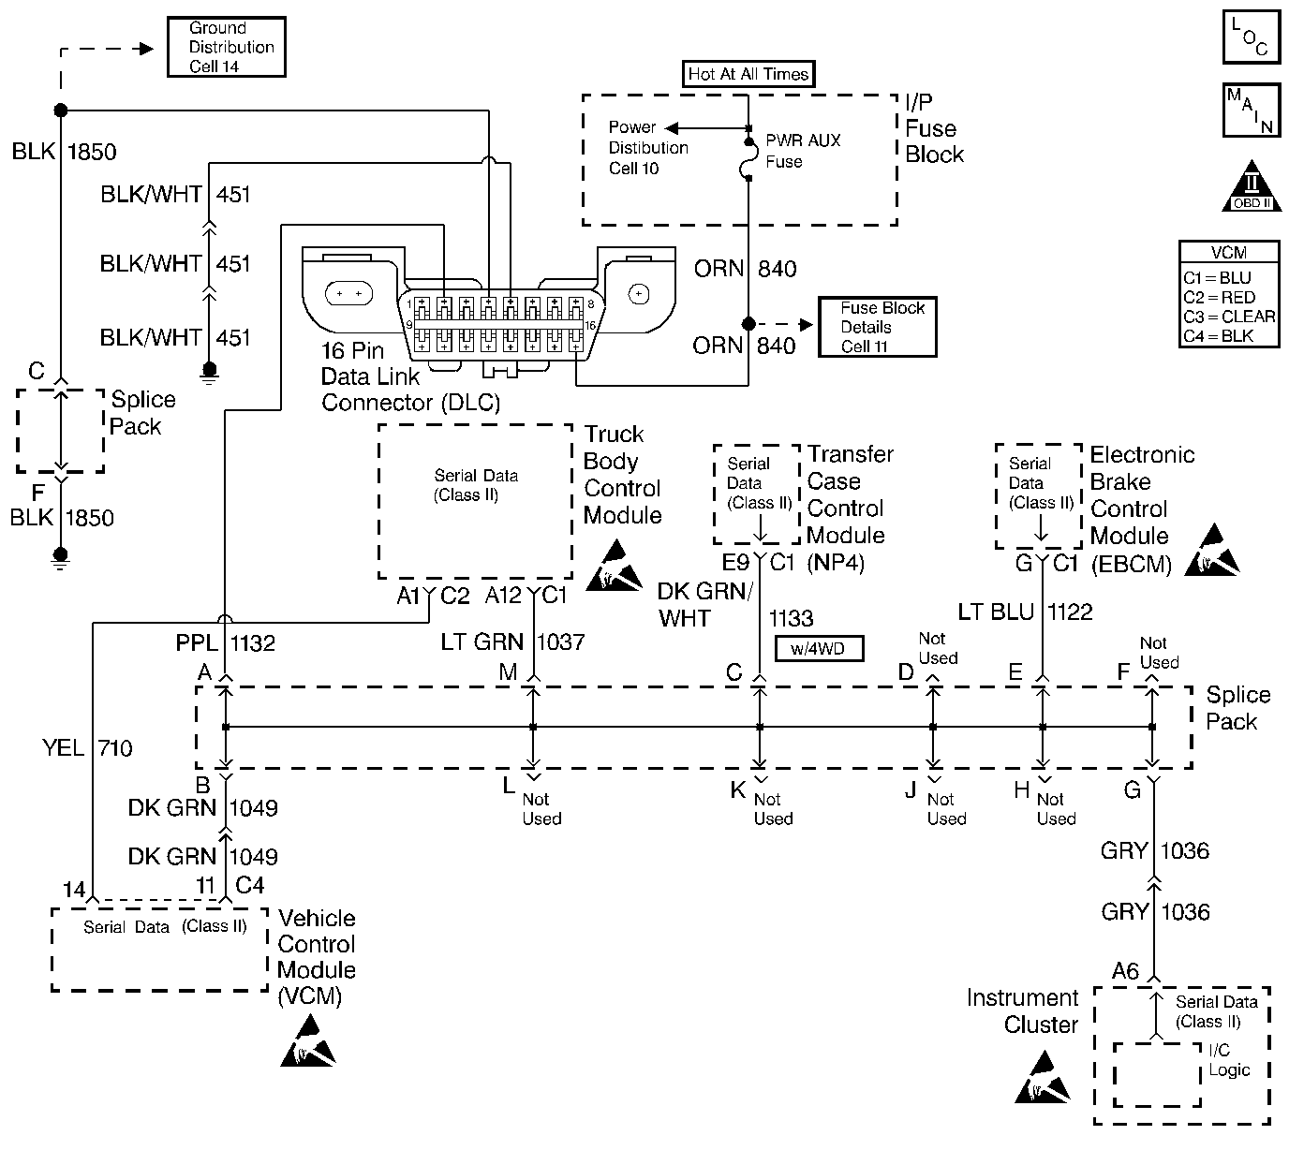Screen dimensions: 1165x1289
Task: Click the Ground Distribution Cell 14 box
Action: click(226, 47)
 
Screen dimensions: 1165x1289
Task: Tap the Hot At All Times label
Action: click(748, 74)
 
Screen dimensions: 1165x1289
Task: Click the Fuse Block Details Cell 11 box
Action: click(877, 327)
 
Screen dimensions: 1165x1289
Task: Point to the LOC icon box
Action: click(1251, 37)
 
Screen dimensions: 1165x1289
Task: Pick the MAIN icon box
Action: click(1251, 110)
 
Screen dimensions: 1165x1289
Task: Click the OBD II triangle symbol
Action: click(1252, 187)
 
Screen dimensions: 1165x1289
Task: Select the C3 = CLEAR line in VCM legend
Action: click(1228, 317)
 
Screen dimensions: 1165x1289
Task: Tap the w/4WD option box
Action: click(819, 648)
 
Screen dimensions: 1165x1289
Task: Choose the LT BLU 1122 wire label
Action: click(1025, 612)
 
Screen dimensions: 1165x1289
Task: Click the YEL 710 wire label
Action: click(87, 748)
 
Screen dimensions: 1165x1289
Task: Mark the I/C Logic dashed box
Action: click(1157, 1074)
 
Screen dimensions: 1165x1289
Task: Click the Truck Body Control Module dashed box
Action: click(475, 502)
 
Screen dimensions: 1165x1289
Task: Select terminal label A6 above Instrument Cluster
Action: click(1124, 972)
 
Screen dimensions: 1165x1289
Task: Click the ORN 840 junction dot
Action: click(748, 324)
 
